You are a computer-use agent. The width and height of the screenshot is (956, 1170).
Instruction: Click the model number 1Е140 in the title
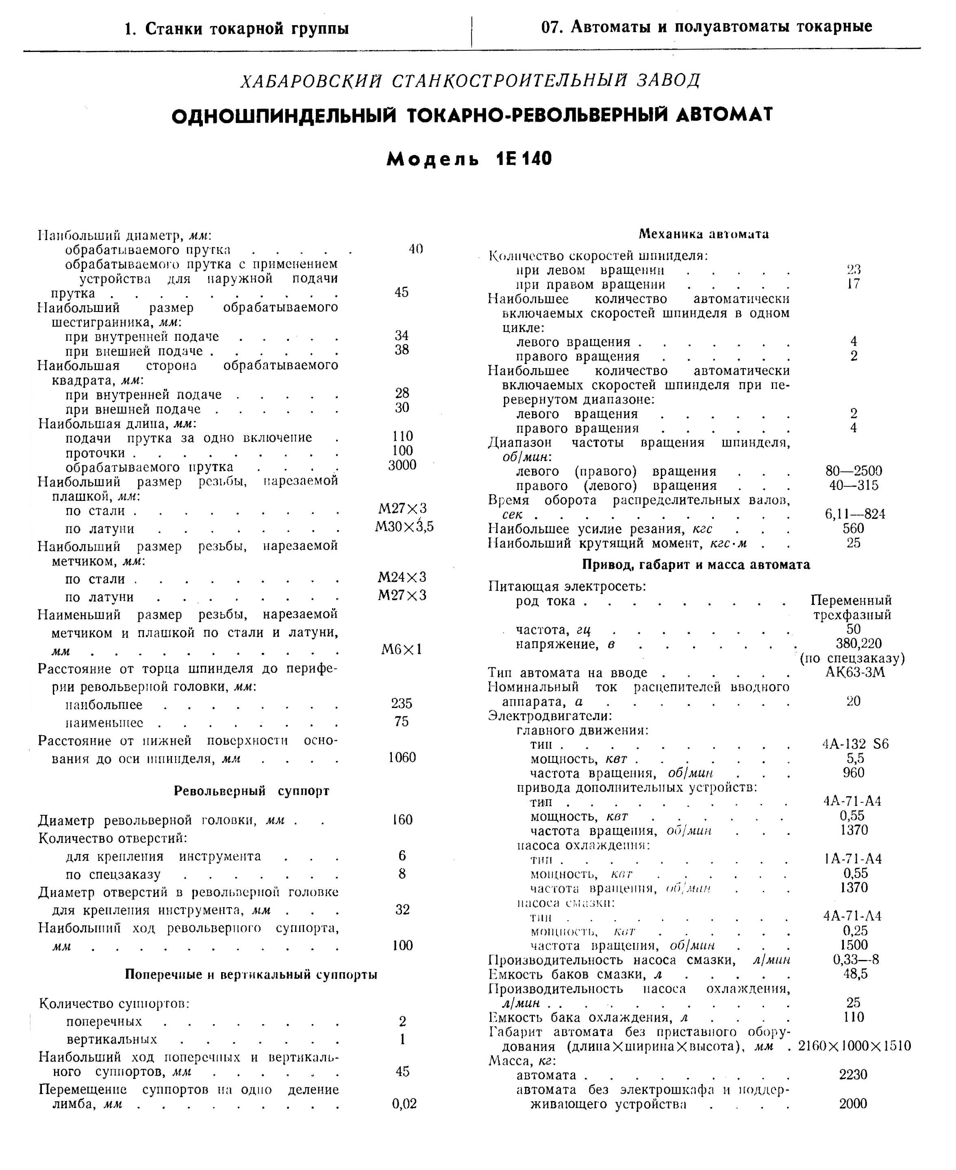tap(524, 159)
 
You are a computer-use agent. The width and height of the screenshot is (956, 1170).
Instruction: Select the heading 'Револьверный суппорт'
tap(252, 791)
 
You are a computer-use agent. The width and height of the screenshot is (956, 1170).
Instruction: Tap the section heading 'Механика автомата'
tap(703, 234)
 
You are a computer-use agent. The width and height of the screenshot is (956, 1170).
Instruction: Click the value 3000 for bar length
tap(402, 465)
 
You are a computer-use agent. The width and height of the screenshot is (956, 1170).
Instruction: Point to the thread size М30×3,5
tap(404, 526)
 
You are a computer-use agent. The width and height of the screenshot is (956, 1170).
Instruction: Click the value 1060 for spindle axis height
tap(402, 757)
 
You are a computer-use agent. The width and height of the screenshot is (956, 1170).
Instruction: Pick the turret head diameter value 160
tap(402, 819)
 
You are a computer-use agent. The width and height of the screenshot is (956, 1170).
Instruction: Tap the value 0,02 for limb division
tap(404, 1103)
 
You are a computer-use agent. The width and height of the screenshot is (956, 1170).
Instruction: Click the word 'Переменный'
tap(851, 600)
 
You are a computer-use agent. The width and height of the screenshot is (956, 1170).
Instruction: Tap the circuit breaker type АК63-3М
tap(855, 672)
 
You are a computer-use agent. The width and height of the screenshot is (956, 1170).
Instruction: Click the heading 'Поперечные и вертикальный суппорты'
tap(251, 974)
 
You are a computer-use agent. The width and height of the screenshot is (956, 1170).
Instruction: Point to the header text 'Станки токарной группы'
tap(247, 28)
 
